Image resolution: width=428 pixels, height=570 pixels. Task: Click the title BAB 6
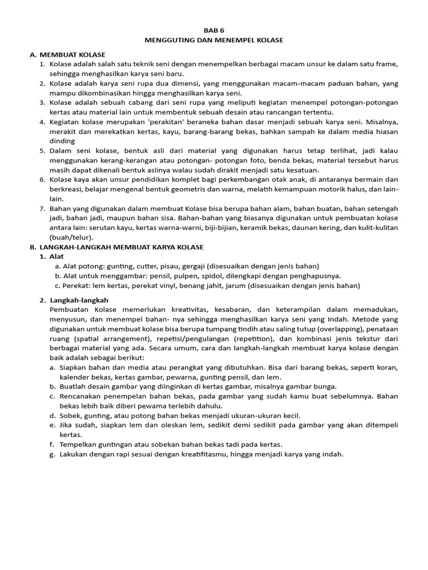coord(214,30)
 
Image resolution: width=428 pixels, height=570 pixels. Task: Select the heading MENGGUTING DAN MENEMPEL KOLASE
coord(214,40)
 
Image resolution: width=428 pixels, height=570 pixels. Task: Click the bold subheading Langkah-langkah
coord(83,300)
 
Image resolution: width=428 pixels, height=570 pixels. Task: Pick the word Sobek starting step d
coord(61,415)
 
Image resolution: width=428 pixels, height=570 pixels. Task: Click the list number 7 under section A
coord(42,208)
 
